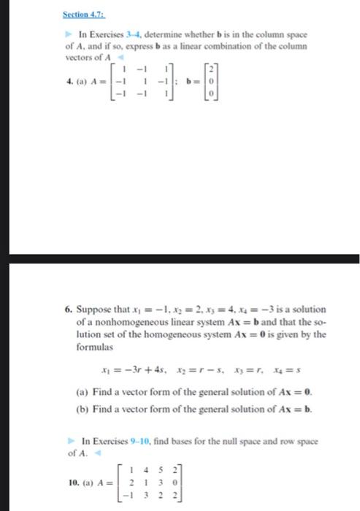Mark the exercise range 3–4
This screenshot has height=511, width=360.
coord(132,35)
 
